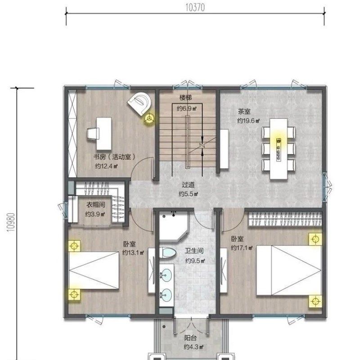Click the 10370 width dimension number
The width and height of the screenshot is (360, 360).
[195, 8]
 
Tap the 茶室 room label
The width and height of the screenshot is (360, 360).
[244, 112]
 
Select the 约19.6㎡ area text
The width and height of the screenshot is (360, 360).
[248, 121]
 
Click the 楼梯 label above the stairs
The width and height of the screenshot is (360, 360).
[185, 98]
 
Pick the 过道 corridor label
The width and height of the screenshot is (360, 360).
[188, 185]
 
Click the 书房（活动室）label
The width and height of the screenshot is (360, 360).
[114, 157]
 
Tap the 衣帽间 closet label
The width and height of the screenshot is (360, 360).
[96, 205]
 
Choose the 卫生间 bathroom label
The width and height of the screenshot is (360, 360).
[194, 251]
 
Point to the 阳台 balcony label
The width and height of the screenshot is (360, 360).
[190, 338]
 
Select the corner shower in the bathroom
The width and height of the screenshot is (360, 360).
[174, 226]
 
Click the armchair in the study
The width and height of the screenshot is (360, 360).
[139, 103]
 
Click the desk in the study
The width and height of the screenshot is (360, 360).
[104, 134]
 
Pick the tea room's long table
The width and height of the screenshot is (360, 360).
[279, 149]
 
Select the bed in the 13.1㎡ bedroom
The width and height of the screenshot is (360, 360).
[94, 271]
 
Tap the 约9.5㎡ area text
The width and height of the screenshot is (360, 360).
[195, 261]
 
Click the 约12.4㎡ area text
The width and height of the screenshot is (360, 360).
[106, 166]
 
